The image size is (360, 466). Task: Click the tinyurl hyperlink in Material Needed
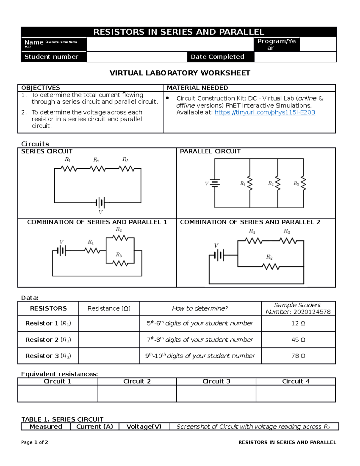coord(265,113)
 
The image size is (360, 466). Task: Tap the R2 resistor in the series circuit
coord(97,169)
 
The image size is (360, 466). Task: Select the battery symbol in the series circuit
coord(100,203)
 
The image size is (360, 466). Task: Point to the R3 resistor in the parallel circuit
coord(303,183)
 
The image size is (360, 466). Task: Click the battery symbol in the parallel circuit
coord(215,183)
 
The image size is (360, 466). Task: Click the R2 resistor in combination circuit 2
coord(271,266)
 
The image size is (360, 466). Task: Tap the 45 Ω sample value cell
coord(298,340)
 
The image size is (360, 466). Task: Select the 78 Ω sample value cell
coord(298,356)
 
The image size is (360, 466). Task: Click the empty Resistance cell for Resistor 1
coord(109,323)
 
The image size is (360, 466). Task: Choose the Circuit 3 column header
coord(216,381)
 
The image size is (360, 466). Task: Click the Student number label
coord(51,57)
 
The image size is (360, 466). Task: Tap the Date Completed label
coord(217,57)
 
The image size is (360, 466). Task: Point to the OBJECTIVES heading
coord(40,88)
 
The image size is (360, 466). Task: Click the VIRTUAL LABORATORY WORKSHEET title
coord(180,73)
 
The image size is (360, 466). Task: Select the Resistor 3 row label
coord(48,356)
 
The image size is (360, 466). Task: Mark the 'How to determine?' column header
coord(200,308)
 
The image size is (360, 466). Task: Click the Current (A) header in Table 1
coord(94,426)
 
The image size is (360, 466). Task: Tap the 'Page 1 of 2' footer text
coord(34,442)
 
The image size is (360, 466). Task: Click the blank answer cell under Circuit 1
coord(57,393)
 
